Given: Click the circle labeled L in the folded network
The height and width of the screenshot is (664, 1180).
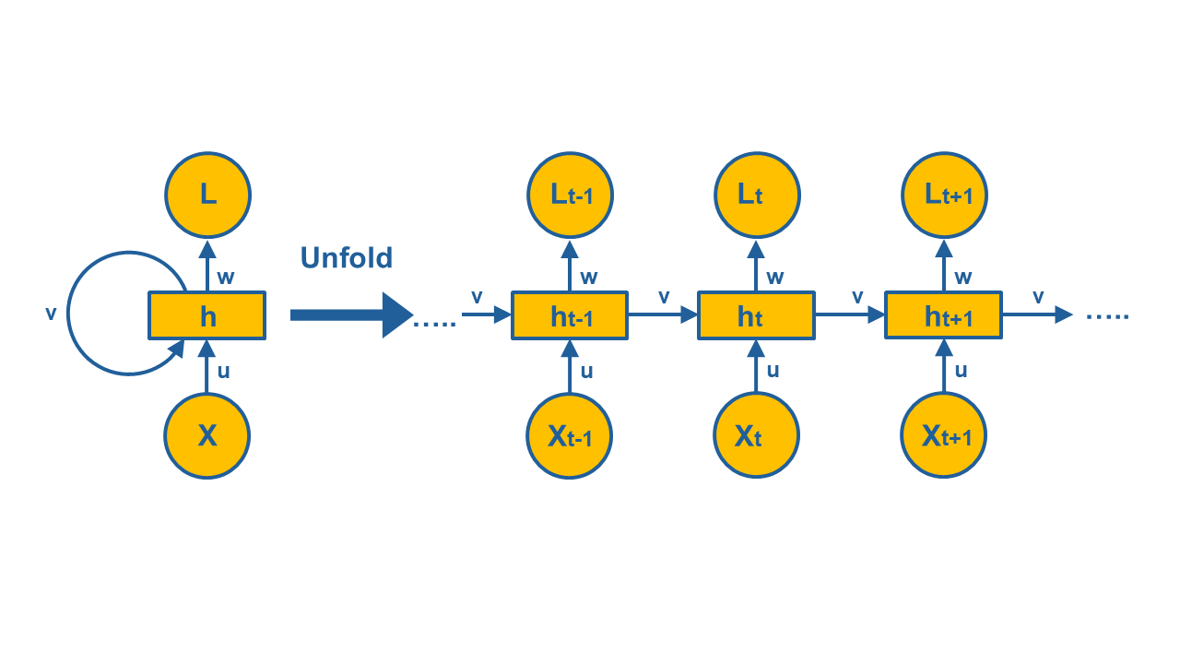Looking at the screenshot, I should click(207, 195).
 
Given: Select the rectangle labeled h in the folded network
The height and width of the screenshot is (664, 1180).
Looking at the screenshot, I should click(207, 315).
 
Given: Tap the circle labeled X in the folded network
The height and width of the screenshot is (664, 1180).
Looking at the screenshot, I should click(207, 435).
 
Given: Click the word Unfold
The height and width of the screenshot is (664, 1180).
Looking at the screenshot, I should click(347, 257).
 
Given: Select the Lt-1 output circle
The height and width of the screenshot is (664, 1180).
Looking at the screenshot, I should click(570, 195).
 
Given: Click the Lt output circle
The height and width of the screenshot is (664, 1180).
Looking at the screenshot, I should click(757, 195).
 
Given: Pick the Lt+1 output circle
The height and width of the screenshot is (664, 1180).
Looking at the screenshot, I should click(944, 195).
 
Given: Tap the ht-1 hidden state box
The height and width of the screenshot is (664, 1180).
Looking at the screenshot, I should click(570, 315).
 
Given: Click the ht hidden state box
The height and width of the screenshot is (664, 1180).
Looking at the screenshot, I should click(757, 315).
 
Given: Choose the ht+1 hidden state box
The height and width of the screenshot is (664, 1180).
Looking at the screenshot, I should click(944, 315).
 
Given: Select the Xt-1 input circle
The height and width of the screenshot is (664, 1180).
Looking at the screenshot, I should click(570, 435).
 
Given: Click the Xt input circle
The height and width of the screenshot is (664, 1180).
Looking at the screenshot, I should click(757, 435).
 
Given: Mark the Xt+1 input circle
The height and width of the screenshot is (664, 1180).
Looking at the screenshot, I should click(944, 435).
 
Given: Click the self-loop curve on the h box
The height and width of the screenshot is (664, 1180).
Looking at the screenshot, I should click(70, 314).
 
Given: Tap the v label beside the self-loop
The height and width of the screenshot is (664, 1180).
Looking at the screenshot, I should click(51, 314).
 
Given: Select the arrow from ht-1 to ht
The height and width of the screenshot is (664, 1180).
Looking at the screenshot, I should click(663, 315).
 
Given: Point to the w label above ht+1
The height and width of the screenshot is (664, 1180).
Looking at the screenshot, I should click(963, 277).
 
